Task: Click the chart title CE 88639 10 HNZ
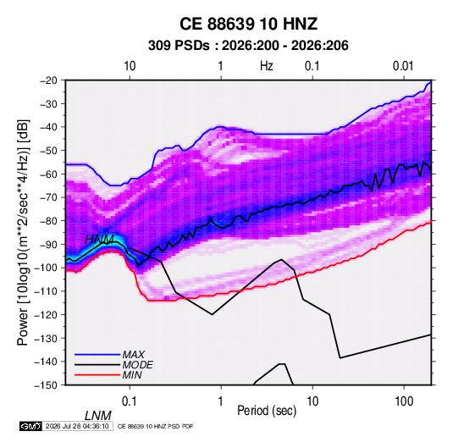[248, 24]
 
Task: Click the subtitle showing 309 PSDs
[248, 46]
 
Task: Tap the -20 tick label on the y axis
[48, 80]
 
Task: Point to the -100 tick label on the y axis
[46, 268]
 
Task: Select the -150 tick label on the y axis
[46, 385]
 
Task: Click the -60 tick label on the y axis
[48, 174]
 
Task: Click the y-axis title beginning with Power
[23, 233]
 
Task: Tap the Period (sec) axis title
[267, 411]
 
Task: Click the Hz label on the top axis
[267, 66]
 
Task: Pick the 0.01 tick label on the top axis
[403, 66]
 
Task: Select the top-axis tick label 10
[130, 66]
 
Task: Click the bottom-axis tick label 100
[404, 401]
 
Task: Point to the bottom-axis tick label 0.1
[130, 401]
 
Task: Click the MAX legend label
[134, 354]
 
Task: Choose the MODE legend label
[137, 365]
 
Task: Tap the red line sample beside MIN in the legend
[97, 375]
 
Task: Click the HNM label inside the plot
[99, 240]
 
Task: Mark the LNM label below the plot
[98, 416]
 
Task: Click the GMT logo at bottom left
[30, 426]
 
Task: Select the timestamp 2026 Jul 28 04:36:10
[77, 426]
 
